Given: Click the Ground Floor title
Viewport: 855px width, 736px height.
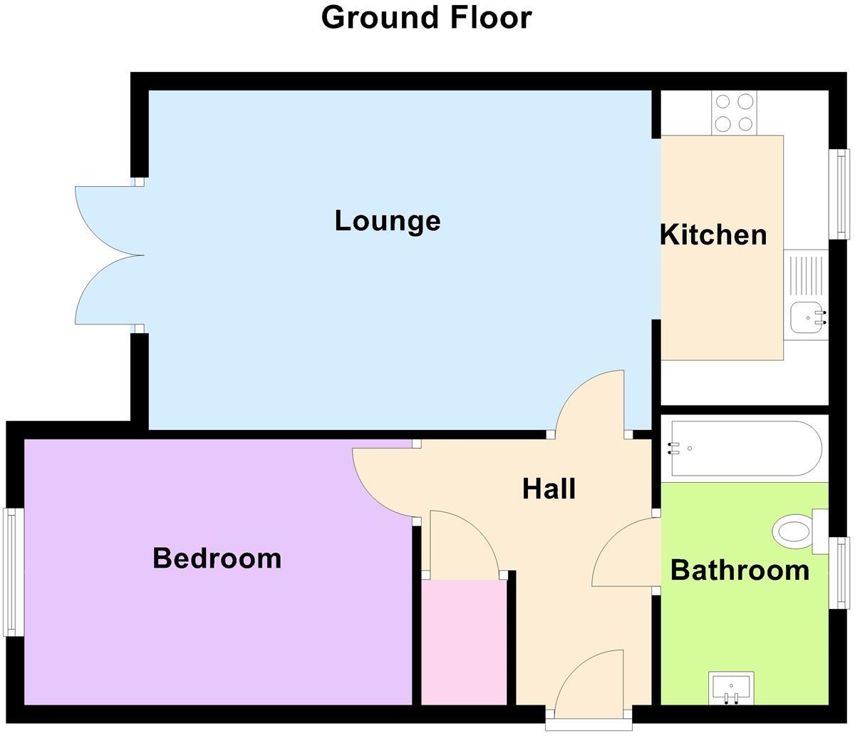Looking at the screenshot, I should tap(426, 17).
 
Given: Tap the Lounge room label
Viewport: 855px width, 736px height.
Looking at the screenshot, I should tap(388, 220).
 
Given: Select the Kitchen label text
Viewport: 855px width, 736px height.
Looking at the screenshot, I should tap(713, 235).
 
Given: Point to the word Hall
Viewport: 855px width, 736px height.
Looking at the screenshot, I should tap(549, 489).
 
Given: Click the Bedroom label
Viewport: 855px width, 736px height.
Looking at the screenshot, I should tap(217, 558).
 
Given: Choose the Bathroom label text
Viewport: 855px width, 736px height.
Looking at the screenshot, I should tap(740, 571).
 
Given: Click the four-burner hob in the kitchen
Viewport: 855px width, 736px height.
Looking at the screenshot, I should tap(734, 113).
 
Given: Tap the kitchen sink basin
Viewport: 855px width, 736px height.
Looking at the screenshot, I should tap(806, 317).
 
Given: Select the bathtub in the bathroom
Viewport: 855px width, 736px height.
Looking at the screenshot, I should tap(745, 449).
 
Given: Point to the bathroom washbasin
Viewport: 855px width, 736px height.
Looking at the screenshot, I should tap(731, 687).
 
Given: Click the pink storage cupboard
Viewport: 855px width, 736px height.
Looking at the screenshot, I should tap(464, 642).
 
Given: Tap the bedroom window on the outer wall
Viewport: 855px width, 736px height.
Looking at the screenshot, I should tap(11, 571).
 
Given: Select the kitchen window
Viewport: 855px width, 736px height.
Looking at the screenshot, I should tap(843, 194).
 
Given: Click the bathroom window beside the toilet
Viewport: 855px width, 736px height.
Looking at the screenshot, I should tap(843, 573).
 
